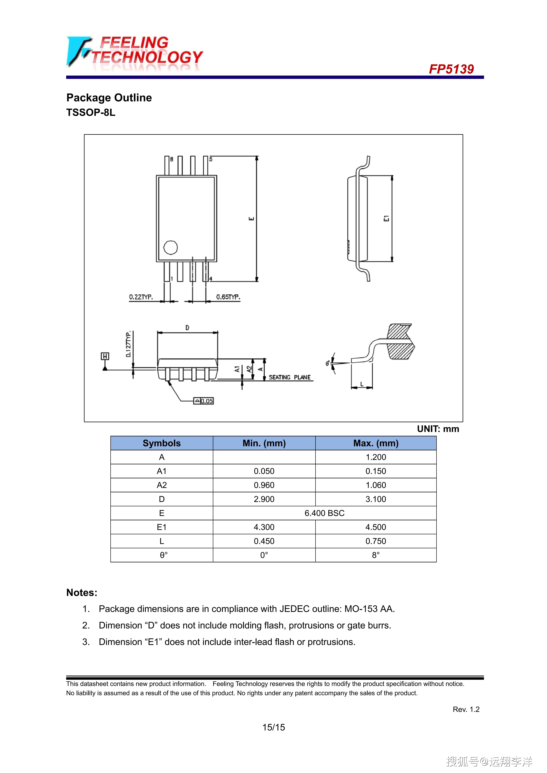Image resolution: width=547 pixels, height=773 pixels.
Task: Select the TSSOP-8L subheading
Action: pyautogui.click(x=91, y=112)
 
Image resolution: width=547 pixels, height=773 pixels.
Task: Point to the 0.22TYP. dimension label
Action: pyautogui.click(x=141, y=297)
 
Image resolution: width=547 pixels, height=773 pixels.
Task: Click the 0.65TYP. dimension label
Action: pyautogui.click(x=228, y=297)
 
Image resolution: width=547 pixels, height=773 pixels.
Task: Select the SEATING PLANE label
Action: pyautogui.click(x=289, y=377)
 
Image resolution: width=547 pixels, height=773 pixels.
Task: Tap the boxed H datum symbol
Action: pyautogui.click(x=105, y=356)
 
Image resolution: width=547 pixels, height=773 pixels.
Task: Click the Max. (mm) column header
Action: pyautogui.click(x=376, y=443)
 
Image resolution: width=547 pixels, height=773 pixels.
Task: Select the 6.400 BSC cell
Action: pyautogui.click(x=325, y=513)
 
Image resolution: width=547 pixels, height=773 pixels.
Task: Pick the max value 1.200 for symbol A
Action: pyautogui.click(x=376, y=457)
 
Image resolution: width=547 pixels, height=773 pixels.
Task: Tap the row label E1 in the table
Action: pyautogui.click(x=162, y=527)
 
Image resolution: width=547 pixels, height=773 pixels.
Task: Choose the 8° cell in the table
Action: pyautogui.click(x=376, y=555)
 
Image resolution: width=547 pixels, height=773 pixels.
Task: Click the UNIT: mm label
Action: pyautogui.click(x=438, y=429)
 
